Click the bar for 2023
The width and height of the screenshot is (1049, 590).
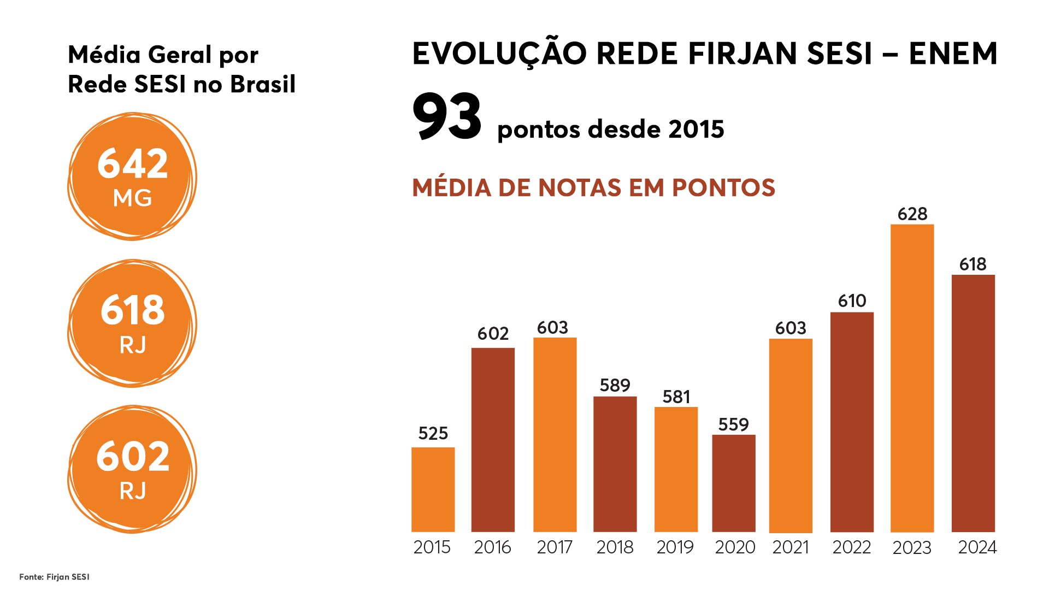click(912, 378)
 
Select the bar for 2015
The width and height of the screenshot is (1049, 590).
click(433, 489)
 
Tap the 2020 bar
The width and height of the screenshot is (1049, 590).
click(733, 483)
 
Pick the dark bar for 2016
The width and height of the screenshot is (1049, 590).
click(493, 440)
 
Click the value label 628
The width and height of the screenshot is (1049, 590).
click(912, 214)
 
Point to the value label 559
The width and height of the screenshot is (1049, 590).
click(733, 424)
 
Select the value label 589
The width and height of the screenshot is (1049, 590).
click(615, 386)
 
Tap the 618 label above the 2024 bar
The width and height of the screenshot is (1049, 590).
click(973, 264)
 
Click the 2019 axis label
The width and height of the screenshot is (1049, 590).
click(675, 547)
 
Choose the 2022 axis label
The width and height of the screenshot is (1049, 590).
click(851, 547)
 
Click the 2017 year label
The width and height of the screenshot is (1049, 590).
click(554, 547)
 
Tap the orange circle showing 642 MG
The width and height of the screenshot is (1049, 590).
click(132, 176)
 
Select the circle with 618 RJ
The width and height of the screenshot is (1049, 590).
click(132, 323)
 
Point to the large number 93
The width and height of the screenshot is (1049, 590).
click(447, 116)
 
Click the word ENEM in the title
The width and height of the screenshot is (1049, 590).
click(953, 54)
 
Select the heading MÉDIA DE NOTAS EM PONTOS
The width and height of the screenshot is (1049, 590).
click(593, 187)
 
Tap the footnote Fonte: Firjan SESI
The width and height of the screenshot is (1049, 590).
click(54, 577)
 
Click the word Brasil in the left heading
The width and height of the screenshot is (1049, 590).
click(262, 84)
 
